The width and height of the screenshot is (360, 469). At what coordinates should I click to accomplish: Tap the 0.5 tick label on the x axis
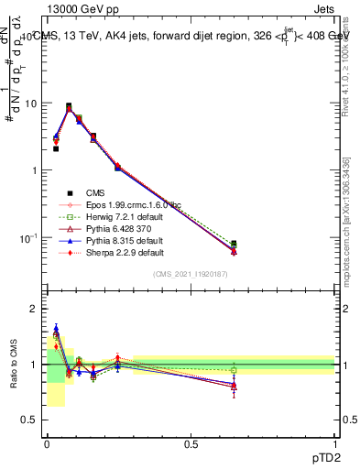[191, 443]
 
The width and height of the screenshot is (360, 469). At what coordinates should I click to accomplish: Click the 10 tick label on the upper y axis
[30, 104]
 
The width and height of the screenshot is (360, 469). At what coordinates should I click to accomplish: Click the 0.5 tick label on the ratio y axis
[29, 420]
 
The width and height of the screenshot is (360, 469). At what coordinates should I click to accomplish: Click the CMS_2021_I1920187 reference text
[191, 274]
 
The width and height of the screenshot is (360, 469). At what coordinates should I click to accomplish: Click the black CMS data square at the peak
[68, 106]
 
